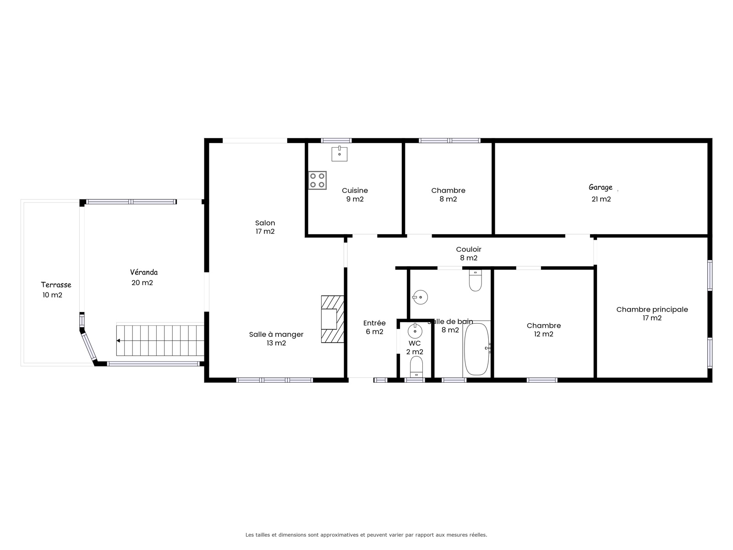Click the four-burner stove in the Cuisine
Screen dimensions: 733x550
(x=317, y=180)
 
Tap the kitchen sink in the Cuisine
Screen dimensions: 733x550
(x=339, y=154)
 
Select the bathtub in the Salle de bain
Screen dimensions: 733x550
(x=476, y=349)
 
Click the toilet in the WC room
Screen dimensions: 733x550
(x=416, y=367)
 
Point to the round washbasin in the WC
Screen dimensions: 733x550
(x=415, y=330)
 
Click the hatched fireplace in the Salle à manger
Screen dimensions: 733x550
(x=332, y=319)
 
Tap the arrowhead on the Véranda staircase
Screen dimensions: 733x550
(x=118, y=341)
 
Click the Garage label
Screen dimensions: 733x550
(x=601, y=187)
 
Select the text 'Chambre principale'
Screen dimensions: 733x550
(x=652, y=309)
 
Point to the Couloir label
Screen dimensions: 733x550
(x=469, y=249)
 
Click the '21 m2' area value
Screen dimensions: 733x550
(x=601, y=199)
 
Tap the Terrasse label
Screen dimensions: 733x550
(x=56, y=285)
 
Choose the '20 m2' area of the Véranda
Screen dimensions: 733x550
(x=142, y=282)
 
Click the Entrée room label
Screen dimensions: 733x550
(x=374, y=323)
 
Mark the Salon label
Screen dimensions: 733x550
(x=265, y=223)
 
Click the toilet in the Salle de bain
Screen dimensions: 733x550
(x=475, y=280)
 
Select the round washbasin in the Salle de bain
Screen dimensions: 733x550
(x=420, y=297)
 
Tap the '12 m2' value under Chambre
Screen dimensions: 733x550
(x=544, y=334)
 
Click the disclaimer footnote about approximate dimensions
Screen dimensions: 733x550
(x=366, y=534)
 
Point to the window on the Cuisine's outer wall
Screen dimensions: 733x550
(x=336, y=141)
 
